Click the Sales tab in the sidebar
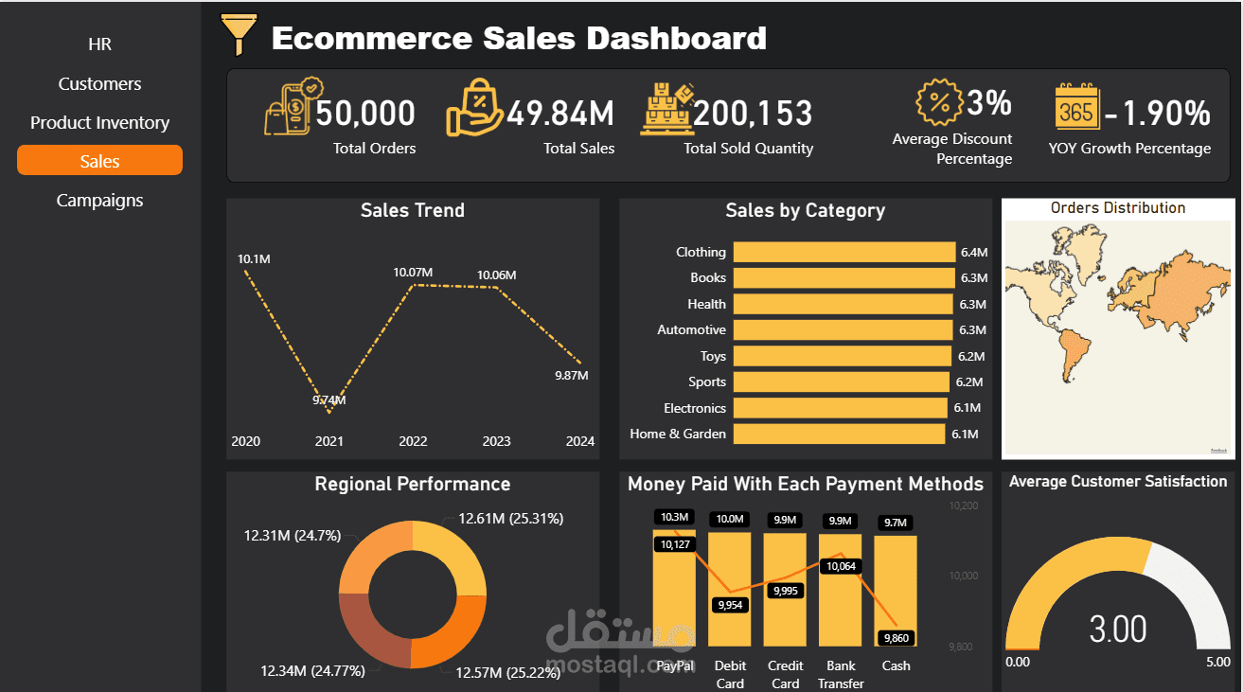tap(99, 161)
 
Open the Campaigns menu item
tap(99, 201)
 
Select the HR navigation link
tap(99, 44)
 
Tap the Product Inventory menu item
tap(99, 123)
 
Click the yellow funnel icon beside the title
tap(238, 35)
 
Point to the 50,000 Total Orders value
tap(365, 114)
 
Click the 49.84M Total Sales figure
tap(560, 114)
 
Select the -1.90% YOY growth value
tap(1157, 114)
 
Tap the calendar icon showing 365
tap(1076, 108)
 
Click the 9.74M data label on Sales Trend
tap(329, 400)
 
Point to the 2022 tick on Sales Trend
tap(413, 441)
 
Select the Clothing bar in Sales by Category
tap(843, 252)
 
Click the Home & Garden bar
tap(839, 434)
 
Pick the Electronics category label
tap(694, 408)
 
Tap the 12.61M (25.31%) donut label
tap(510, 519)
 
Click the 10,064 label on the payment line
tap(841, 566)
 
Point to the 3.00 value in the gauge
tap(1118, 630)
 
